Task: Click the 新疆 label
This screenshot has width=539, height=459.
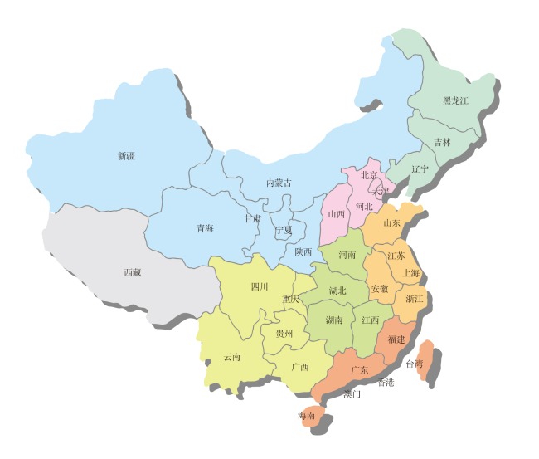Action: (x=126, y=155)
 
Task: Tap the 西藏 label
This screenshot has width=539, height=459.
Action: (x=133, y=272)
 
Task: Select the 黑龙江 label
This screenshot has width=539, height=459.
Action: (x=455, y=100)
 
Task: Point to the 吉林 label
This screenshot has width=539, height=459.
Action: (x=443, y=142)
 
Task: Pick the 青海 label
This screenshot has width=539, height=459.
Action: (x=205, y=228)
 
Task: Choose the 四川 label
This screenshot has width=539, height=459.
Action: (x=260, y=287)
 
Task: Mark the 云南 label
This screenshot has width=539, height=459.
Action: (x=232, y=357)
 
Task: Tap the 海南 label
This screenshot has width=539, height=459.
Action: (x=307, y=416)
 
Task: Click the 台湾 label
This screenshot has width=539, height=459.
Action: (x=414, y=364)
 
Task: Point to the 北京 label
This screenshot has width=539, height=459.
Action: (x=369, y=175)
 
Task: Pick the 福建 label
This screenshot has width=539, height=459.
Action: (x=396, y=339)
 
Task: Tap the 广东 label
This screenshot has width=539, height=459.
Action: (x=359, y=370)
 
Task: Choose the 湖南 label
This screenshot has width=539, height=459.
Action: (x=334, y=320)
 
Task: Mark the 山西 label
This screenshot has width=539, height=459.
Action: (x=337, y=213)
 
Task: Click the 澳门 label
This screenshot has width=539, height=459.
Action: (x=352, y=394)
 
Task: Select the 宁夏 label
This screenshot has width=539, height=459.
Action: (x=284, y=229)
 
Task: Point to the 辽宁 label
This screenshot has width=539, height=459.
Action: (x=420, y=169)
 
